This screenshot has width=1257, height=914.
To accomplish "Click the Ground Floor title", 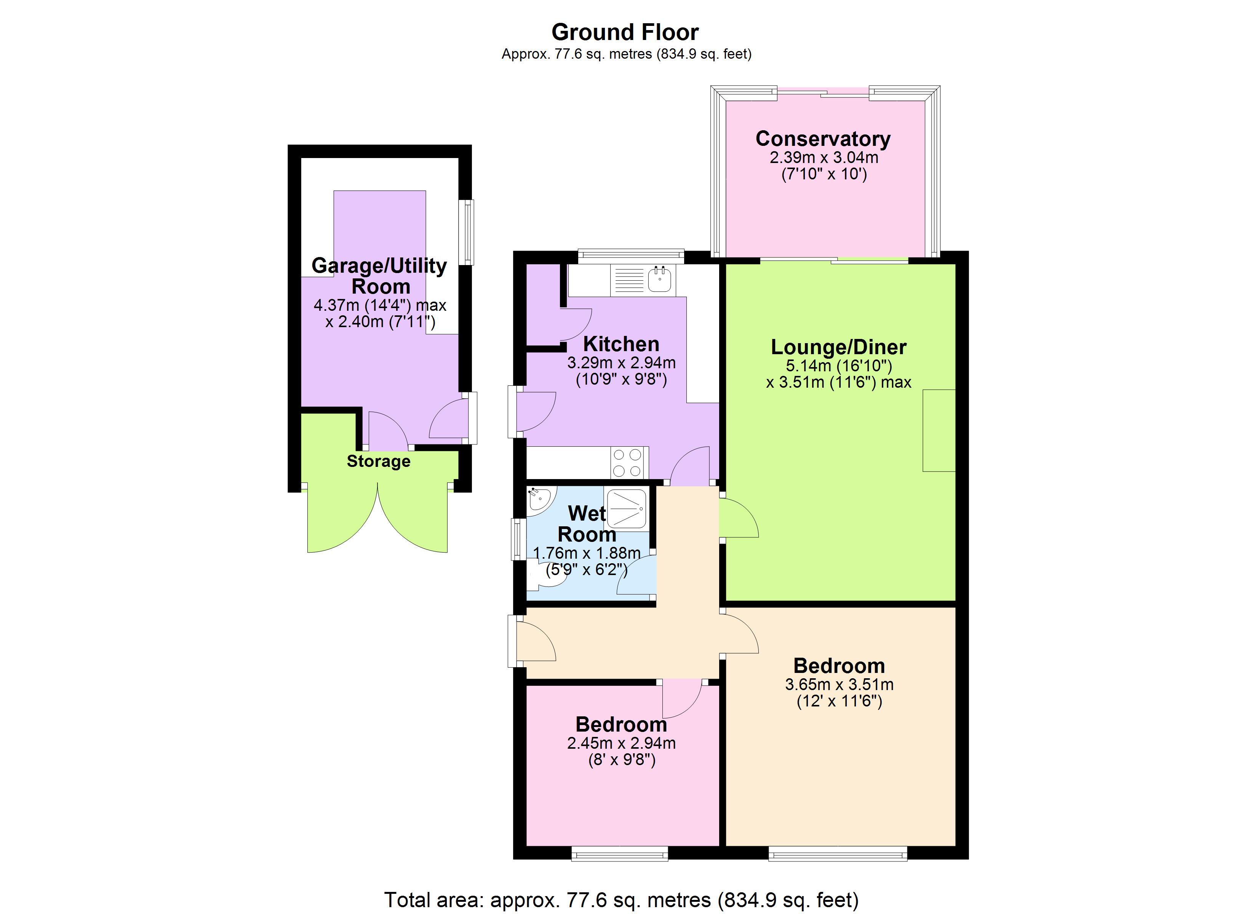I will (x=625, y=32).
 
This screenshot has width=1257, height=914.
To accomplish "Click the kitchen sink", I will (x=659, y=280).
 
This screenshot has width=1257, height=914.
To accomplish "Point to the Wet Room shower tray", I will (x=627, y=509).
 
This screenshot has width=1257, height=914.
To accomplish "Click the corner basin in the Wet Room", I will (x=537, y=499).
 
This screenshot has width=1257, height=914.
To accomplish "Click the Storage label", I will (x=379, y=461).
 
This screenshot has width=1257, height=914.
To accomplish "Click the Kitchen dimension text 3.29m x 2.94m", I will (x=621, y=363).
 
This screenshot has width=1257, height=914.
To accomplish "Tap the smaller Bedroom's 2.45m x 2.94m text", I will (x=621, y=743).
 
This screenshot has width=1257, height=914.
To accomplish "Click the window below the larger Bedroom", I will (x=838, y=853).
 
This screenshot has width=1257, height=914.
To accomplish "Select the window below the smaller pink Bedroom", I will (x=620, y=853).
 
